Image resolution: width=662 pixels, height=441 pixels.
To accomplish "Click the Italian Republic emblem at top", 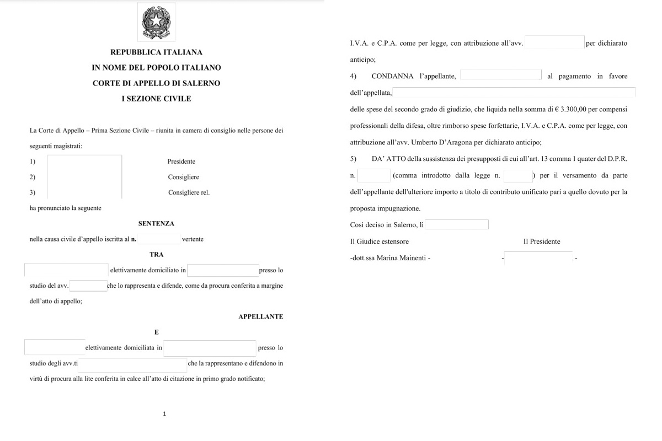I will (x=156, y=22).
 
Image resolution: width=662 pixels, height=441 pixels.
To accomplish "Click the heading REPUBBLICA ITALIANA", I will (x=156, y=52).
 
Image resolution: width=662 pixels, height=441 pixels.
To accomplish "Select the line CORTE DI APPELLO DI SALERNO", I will (x=156, y=83).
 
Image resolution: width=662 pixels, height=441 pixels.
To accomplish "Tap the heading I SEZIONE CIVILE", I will (x=156, y=99).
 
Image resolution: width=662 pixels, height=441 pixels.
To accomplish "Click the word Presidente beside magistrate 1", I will (x=181, y=162).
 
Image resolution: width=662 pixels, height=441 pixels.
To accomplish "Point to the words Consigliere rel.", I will (x=189, y=192).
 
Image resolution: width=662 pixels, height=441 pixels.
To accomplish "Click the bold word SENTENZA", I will (x=156, y=224).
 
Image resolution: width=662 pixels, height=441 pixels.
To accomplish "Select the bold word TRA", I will (x=156, y=255).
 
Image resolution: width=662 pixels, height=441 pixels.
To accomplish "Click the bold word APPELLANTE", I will (x=260, y=317).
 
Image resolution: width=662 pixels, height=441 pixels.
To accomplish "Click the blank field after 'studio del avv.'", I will (x=88, y=286).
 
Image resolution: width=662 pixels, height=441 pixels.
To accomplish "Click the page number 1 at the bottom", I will (x=164, y=413).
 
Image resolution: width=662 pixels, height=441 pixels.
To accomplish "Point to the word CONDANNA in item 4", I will (x=392, y=77).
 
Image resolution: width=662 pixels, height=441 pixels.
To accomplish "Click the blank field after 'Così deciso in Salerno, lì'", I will (x=457, y=225).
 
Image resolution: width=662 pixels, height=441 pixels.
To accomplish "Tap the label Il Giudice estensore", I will (x=380, y=241).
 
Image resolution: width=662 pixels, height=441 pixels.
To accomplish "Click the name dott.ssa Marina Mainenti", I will (x=390, y=258).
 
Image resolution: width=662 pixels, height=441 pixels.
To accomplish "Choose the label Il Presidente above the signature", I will (x=541, y=241).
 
